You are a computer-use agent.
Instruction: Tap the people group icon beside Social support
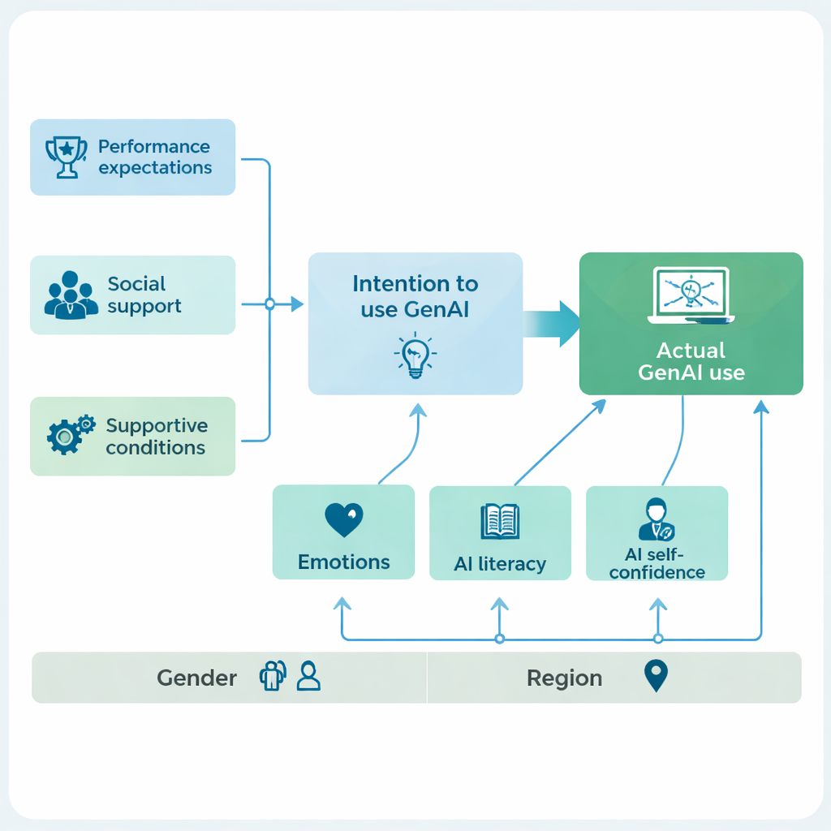[x=70, y=295]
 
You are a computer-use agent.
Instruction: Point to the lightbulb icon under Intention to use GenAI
[x=415, y=355]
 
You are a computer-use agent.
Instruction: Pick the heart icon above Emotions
[x=343, y=519]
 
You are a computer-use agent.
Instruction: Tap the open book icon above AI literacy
[x=500, y=522]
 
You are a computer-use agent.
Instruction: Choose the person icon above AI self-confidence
[x=656, y=520]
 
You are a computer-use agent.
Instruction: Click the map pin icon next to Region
[x=655, y=676]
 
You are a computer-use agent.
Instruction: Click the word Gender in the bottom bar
[x=197, y=678]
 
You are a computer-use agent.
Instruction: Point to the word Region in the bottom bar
[x=564, y=678]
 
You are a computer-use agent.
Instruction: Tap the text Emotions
[x=343, y=562]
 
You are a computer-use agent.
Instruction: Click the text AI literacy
[x=500, y=564]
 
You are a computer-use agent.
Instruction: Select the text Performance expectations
[x=154, y=157]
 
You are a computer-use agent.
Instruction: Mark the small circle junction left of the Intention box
[x=270, y=304]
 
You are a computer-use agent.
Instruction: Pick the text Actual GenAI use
[x=691, y=362]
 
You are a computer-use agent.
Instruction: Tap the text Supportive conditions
[x=156, y=437]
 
